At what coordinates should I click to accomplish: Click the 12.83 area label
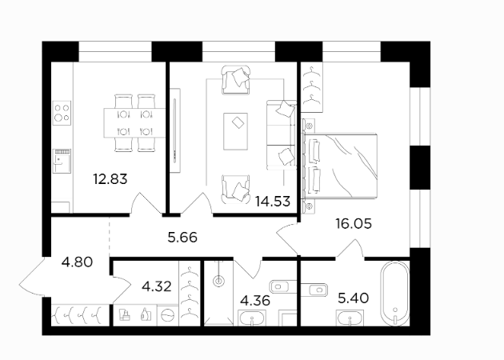tap(110, 178)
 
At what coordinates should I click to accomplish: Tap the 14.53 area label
tap(273, 202)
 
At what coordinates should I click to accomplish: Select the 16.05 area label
tap(354, 223)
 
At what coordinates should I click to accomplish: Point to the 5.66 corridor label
tap(182, 238)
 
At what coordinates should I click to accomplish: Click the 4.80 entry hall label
tap(77, 262)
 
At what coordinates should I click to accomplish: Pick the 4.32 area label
tap(157, 286)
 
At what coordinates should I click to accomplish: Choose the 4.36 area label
tap(255, 301)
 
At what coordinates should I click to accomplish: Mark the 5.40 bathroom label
tap(354, 298)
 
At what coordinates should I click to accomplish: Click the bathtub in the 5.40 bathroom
tap(395, 294)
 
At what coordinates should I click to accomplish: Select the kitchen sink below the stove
tap(62, 161)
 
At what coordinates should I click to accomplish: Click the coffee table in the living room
tap(236, 131)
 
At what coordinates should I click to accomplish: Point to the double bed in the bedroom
tap(340, 166)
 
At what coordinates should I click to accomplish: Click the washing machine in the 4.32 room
tap(167, 315)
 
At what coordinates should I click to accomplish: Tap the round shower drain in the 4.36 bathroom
tap(218, 282)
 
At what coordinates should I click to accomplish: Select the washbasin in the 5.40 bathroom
tap(350, 318)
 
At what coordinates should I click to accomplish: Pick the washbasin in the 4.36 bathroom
tap(252, 318)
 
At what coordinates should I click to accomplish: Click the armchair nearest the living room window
tap(236, 80)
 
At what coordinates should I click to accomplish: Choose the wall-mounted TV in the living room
tap(175, 130)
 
